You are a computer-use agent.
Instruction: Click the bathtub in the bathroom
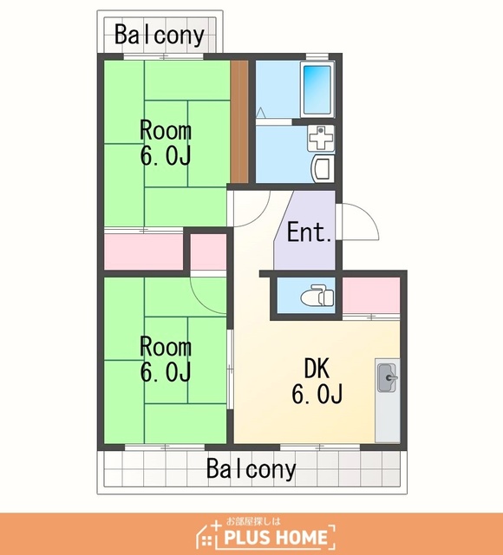[317, 90]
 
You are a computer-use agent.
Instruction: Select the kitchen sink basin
[387, 377]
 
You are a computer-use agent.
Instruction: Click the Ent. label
[310, 232]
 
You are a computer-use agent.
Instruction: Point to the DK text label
[317, 368]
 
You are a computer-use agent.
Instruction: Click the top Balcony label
[160, 35]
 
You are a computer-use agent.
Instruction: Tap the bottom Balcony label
[251, 469]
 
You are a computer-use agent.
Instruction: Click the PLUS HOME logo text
[276, 538]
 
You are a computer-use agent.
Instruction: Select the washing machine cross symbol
[321, 137]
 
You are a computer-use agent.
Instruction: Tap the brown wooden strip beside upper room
[239, 121]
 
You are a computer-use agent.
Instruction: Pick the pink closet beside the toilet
[371, 295]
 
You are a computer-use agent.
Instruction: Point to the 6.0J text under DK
[317, 394]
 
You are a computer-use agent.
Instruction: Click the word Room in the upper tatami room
[166, 130]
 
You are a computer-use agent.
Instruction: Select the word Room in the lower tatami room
[166, 347]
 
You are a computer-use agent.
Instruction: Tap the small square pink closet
[208, 252]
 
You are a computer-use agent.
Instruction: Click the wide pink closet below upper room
[143, 251]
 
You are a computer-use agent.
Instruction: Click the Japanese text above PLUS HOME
[252, 521]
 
